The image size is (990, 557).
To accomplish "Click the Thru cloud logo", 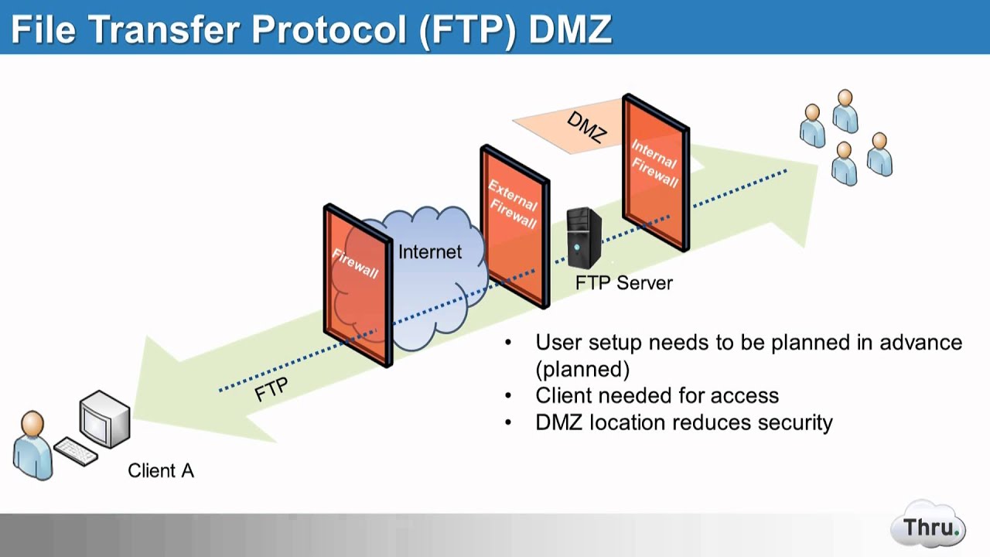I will click(927, 528).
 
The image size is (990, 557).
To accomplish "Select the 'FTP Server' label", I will click(623, 283).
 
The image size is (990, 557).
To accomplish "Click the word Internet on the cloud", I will click(429, 251).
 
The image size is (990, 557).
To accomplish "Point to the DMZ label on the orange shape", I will click(585, 127).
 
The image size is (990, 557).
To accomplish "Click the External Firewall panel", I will click(514, 224).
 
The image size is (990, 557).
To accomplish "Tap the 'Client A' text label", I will click(161, 470).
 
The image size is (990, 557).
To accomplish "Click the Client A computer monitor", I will click(104, 419).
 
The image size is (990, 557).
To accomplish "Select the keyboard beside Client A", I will click(75, 452).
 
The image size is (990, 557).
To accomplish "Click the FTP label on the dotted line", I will click(271, 389).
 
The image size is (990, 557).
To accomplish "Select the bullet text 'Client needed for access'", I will click(657, 395).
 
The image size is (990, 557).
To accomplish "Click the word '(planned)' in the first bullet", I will click(582, 368).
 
